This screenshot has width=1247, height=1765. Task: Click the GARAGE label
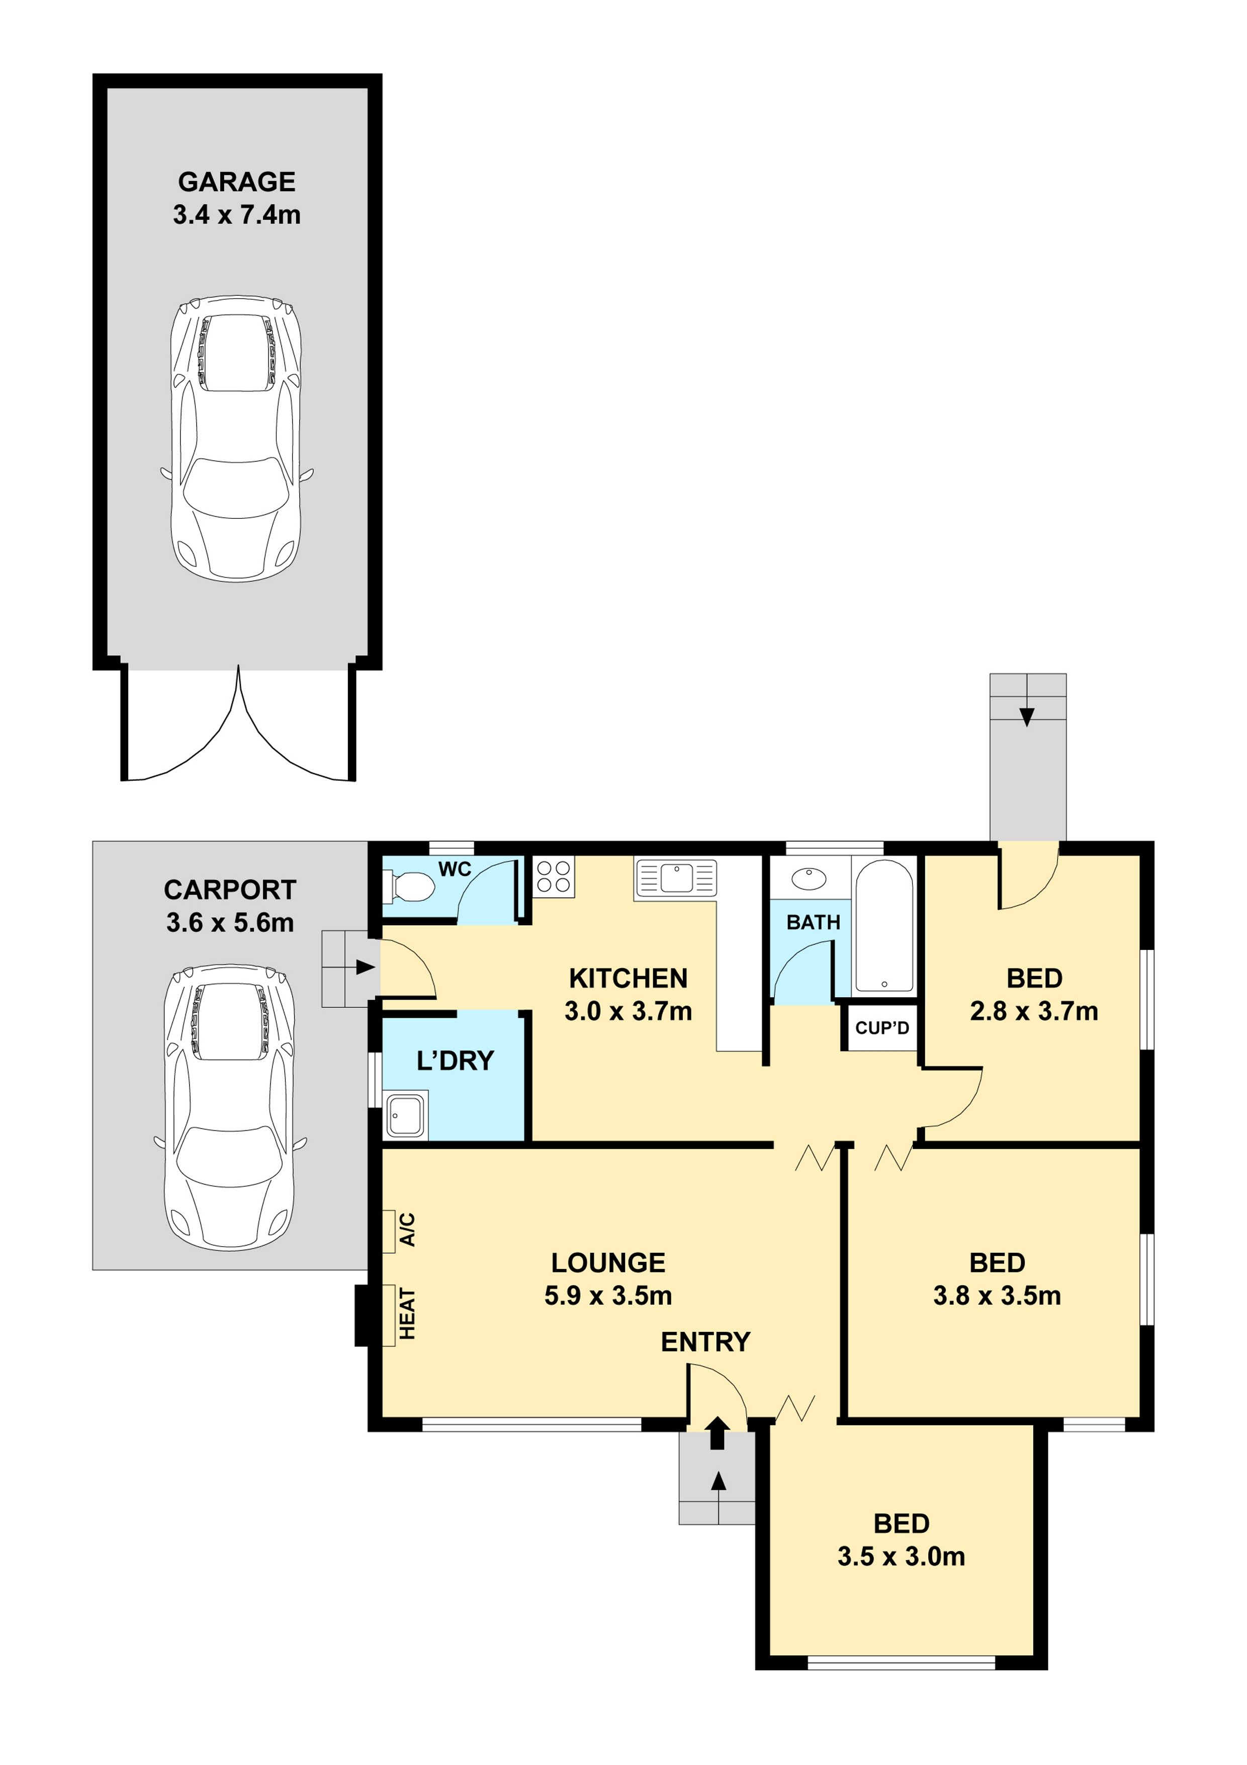237,182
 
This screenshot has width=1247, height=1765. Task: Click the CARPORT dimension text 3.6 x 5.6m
230,922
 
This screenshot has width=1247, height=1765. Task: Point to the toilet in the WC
409,887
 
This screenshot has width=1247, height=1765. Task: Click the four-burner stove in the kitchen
553,877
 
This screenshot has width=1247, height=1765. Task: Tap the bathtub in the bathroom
884,926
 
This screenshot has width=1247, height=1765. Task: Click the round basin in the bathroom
808,878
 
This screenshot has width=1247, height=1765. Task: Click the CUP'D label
882,1028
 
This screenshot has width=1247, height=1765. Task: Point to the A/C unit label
407,1230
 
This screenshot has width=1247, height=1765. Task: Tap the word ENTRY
705,1342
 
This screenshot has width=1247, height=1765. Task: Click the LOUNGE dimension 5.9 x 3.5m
608,1296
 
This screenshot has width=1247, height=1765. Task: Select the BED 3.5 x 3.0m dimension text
901,1557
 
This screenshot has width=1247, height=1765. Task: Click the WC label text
455,869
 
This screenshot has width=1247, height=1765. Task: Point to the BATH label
813,922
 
